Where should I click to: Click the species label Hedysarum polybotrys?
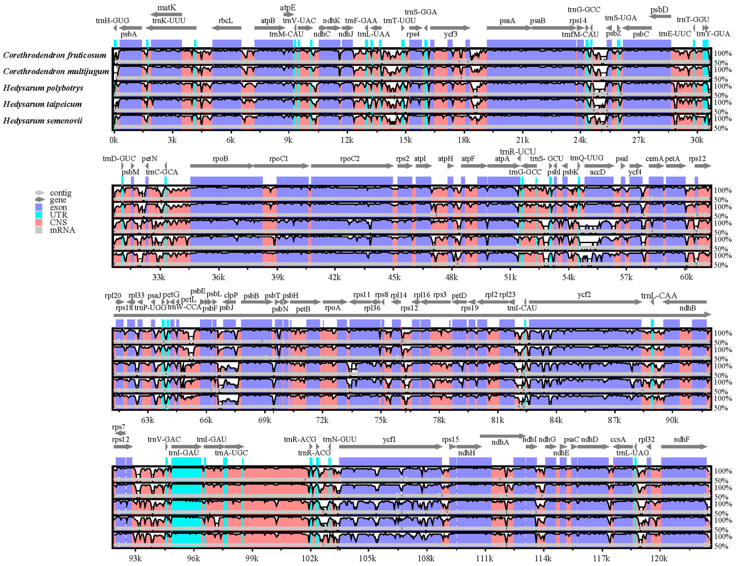tap(43, 88)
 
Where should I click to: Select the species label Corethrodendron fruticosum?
tap(55, 55)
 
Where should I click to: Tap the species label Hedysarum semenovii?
tap(42, 121)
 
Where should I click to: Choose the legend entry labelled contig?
tap(61, 193)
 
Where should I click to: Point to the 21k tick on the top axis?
tap(522, 140)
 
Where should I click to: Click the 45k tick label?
tap(394, 277)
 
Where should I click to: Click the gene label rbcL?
tap(225, 21)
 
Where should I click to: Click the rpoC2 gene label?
tap(350, 159)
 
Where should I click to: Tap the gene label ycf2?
tap(584, 295)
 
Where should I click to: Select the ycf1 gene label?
tap(389, 439)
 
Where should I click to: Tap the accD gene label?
tap(597, 172)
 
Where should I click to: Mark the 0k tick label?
tap(114, 140)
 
